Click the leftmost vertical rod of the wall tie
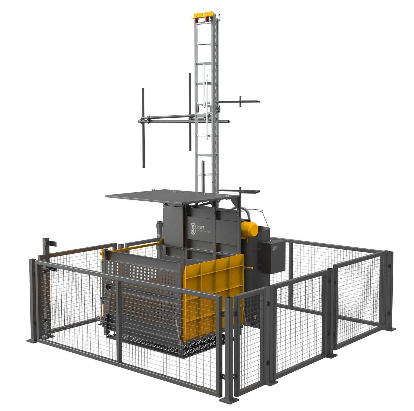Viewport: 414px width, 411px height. [143, 127]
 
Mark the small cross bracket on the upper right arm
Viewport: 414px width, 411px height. [240, 101]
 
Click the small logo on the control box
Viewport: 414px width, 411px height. [273, 248]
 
